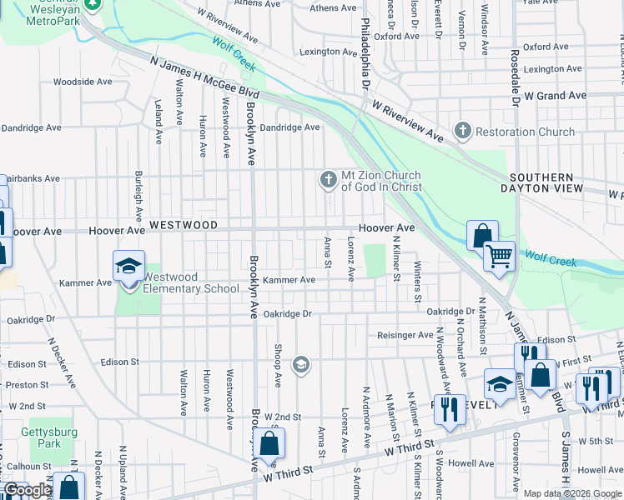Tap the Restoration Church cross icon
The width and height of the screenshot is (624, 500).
[462, 132]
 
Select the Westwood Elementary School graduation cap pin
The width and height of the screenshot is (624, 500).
[128, 267]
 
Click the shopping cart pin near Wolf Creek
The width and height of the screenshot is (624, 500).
[499, 256]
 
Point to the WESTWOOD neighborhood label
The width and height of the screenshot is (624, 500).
[184, 226]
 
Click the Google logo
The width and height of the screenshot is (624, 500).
[27, 491]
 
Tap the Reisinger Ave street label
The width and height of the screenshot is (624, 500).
[405, 335]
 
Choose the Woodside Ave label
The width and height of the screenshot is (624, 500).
[83, 82]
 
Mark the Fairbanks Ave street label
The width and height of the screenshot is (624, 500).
[32, 178]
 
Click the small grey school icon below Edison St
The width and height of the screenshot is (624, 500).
[301, 364]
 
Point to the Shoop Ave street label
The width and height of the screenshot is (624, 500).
[278, 364]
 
